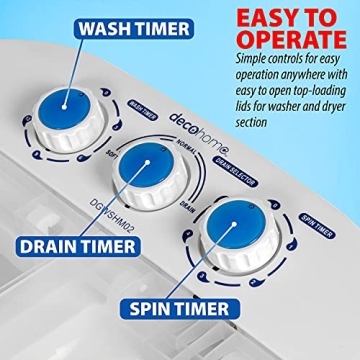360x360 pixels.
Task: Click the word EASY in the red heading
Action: point(260,17)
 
